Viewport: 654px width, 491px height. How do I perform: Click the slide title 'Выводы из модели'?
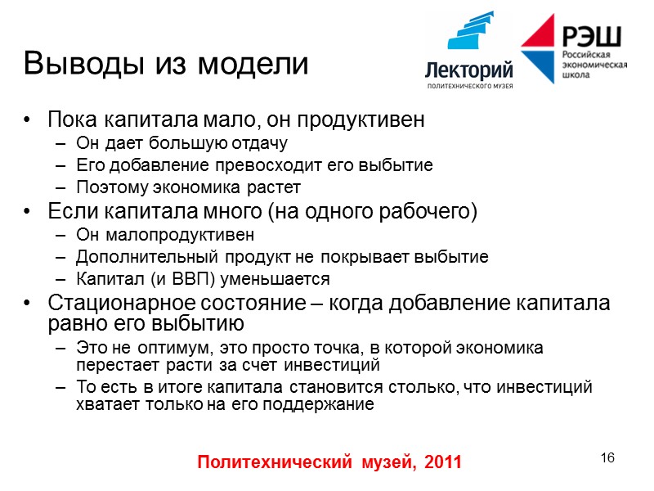pyautogui.click(x=167, y=64)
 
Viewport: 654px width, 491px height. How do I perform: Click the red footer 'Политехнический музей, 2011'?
pyautogui.click(x=330, y=462)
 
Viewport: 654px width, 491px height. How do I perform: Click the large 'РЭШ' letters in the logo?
pyautogui.click(x=591, y=36)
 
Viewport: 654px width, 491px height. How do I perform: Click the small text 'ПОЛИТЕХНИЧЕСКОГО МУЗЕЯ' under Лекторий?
pyautogui.click(x=469, y=86)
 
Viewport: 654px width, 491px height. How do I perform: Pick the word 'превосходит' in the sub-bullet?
pyautogui.click(x=245, y=165)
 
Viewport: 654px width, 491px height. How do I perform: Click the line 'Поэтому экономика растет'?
pyautogui.click(x=183, y=187)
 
